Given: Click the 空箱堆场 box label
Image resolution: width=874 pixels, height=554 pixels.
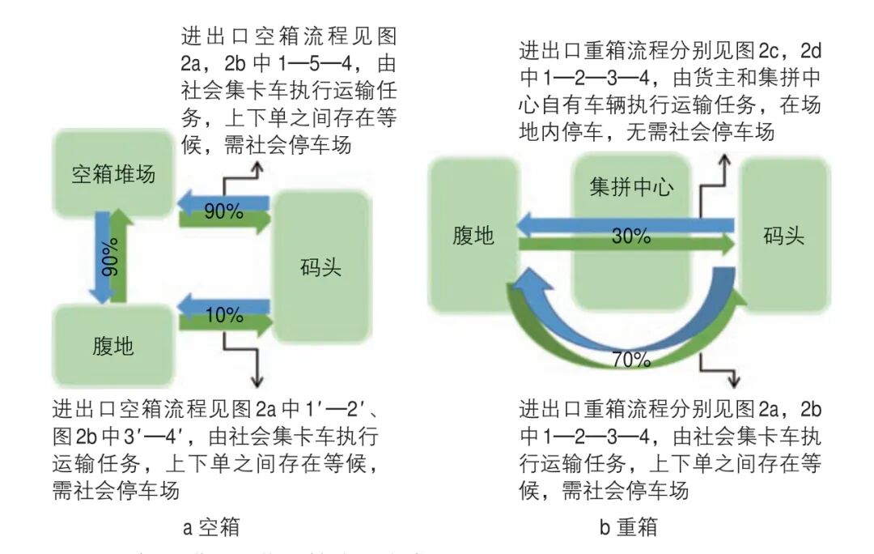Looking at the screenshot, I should pyautogui.click(x=113, y=174).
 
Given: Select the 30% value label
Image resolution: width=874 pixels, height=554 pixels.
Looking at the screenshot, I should pyautogui.click(x=631, y=237).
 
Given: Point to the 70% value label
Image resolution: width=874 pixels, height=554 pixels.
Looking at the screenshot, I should pyautogui.click(x=631, y=360).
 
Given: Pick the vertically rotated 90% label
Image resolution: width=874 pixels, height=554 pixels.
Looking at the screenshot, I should pyautogui.click(x=110, y=258).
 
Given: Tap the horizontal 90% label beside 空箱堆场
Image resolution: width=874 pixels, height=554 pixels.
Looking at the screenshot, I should pyautogui.click(x=223, y=212).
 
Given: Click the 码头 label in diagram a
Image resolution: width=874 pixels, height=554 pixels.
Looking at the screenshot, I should pyautogui.click(x=320, y=267).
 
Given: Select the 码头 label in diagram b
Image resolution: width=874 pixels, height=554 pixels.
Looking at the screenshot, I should pyautogui.click(x=783, y=237).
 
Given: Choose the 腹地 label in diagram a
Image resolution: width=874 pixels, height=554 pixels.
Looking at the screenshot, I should pyautogui.click(x=113, y=347).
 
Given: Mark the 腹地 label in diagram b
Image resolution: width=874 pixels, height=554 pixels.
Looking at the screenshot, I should pyautogui.click(x=473, y=237).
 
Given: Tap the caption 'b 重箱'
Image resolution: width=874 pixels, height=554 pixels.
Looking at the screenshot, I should pyautogui.click(x=628, y=528).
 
